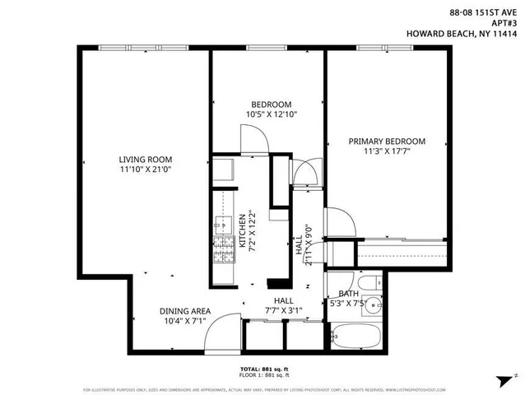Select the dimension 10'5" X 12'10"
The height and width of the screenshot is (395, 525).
pos(271,114)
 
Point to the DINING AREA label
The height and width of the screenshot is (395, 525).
pos(185,311)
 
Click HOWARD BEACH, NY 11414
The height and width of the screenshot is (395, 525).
pos(467,34)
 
